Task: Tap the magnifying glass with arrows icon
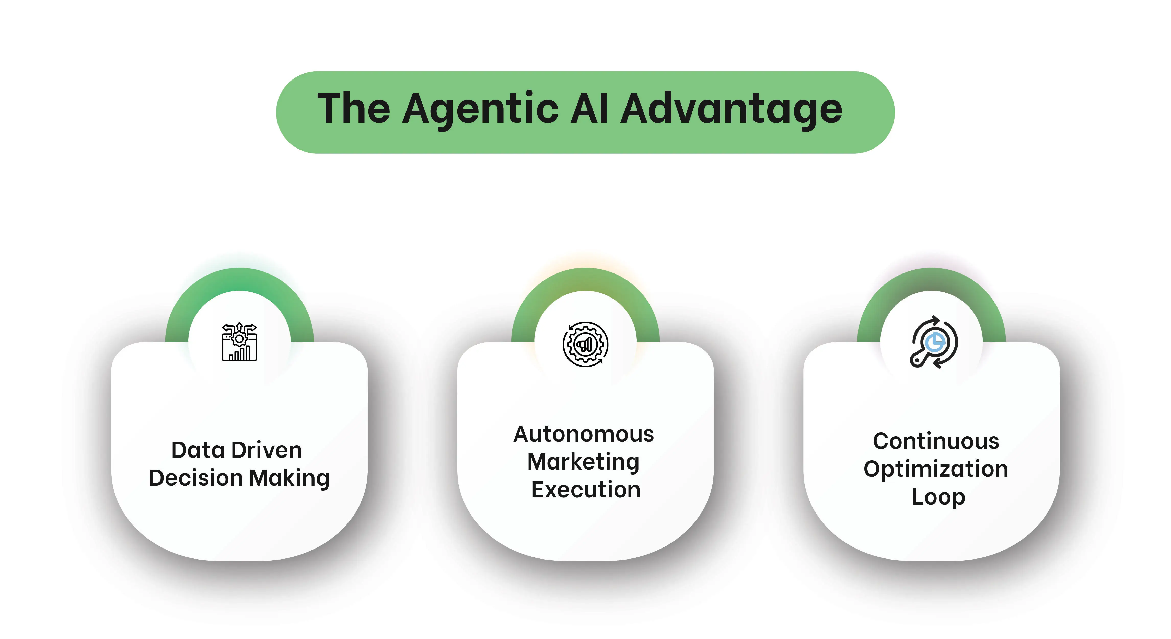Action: click(934, 342)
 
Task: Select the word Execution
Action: click(586, 490)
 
